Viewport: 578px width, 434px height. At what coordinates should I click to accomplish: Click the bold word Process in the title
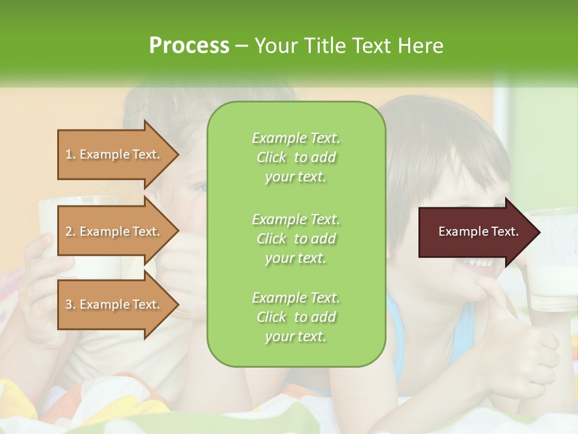point(189,46)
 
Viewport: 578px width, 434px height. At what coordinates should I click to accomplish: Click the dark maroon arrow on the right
point(476,231)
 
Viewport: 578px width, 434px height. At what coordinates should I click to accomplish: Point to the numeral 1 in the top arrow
point(69,154)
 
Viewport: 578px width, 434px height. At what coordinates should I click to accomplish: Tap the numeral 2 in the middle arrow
point(69,231)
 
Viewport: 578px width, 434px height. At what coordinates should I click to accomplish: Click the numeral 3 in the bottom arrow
point(69,304)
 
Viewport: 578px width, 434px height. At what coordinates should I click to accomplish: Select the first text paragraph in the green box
point(296,157)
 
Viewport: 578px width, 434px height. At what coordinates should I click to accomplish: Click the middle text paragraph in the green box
point(296,238)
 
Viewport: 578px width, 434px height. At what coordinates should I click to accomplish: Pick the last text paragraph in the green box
point(296,317)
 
